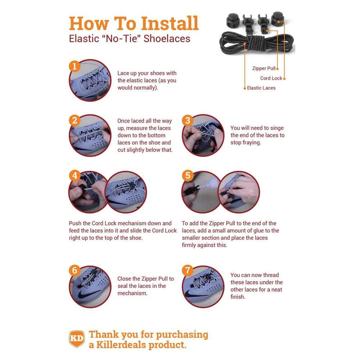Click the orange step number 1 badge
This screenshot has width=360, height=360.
pos(74,67)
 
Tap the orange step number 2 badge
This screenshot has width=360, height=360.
pos(74,121)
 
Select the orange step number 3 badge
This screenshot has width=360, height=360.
pos(187,121)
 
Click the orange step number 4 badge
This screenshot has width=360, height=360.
pos(74,176)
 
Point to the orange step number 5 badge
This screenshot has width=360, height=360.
pos(187,176)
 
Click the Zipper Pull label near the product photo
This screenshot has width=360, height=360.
pos(264,68)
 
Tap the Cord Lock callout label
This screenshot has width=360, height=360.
pos(271,78)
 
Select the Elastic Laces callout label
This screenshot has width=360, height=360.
pos(261,88)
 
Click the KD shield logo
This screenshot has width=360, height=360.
pos(76,339)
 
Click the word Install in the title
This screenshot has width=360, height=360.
pos(170,23)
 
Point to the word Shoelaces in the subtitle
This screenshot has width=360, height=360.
pos(167,39)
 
